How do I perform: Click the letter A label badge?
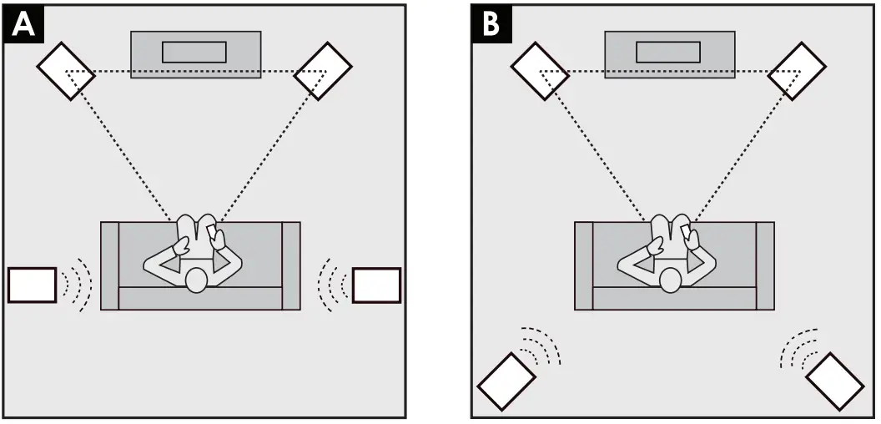click(24, 24)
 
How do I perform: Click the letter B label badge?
click(491, 24)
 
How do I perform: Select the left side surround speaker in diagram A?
click(32, 285)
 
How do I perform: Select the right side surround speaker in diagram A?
click(376, 285)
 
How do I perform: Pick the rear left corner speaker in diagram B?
click(507, 381)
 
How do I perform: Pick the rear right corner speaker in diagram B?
click(835, 381)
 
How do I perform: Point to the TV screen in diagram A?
click(194, 52)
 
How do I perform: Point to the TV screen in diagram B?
click(668, 52)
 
